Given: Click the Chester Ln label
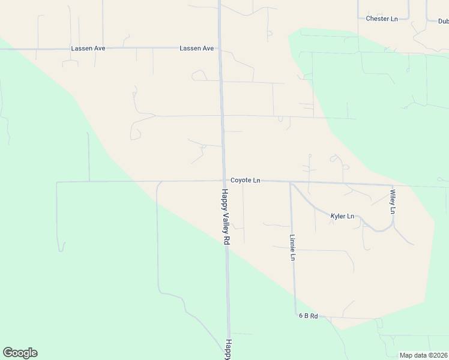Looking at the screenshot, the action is [x=382, y=19].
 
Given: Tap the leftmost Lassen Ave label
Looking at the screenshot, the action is [x=88, y=48].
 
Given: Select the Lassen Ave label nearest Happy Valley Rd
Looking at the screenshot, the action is [x=197, y=48].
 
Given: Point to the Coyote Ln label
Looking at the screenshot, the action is [x=245, y=180].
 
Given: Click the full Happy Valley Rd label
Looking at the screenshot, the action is [x=226, y=216].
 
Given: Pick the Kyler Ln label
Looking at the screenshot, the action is [x=342, y=216].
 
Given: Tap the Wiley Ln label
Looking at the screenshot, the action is [x=393, y=202].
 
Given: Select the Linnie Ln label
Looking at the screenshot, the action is [x=293, y=247].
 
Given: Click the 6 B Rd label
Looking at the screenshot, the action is [x=307, y=316].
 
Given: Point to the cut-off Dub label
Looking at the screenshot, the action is [x=443, y=21].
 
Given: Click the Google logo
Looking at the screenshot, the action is [x=20, y=353].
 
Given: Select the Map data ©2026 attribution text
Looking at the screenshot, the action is [x=423, y=355].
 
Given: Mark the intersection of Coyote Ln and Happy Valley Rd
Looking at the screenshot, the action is [x=225, y=180].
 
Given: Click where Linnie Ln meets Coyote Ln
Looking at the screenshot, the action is [x=290, y=182].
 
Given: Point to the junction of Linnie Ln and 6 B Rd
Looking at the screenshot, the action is [x=295, y=314].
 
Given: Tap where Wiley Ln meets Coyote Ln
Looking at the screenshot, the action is [x=393, y=185].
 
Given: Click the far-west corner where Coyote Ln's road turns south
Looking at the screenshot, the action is [x=57, y=182].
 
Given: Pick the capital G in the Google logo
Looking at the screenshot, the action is [x=8, y=353].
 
